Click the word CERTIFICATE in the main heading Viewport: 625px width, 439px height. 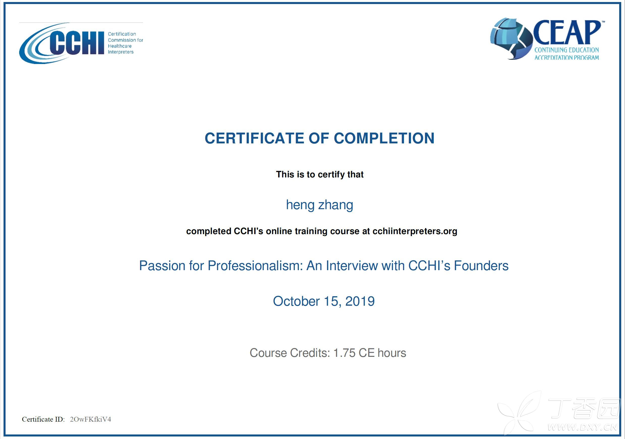[254, 138]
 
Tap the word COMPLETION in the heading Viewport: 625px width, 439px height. [384, 138]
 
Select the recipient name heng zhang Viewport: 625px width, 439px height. [320, 205]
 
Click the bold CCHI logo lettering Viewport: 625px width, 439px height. [77, 43]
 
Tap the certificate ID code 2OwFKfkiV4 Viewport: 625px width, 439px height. [90, 419]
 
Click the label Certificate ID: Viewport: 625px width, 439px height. [43, 419]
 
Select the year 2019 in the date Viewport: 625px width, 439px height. [360, 301]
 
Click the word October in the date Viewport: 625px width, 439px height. [296, 301]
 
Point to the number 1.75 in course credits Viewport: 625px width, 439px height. [344, 353]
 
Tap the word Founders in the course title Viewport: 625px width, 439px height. [481, 265]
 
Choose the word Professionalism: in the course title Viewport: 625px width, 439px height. [255, 265]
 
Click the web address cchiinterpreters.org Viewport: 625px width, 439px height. [415, 231]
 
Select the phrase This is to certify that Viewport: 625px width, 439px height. [320, 174]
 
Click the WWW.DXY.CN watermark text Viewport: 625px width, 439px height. [582, 427]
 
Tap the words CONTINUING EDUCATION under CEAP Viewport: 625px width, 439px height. [566, 50]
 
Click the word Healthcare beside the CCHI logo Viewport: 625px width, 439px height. [120, 46]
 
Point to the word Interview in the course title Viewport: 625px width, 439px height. [352, 265]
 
